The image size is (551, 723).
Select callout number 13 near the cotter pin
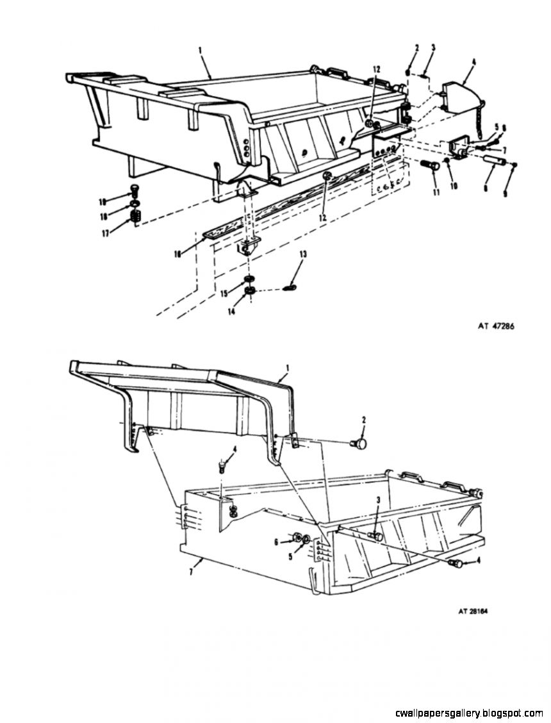pos(303,254)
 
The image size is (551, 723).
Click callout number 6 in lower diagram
pos(276,542)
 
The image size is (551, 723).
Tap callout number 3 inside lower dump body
pos(379,500)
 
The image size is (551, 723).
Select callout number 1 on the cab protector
pos(288,368)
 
